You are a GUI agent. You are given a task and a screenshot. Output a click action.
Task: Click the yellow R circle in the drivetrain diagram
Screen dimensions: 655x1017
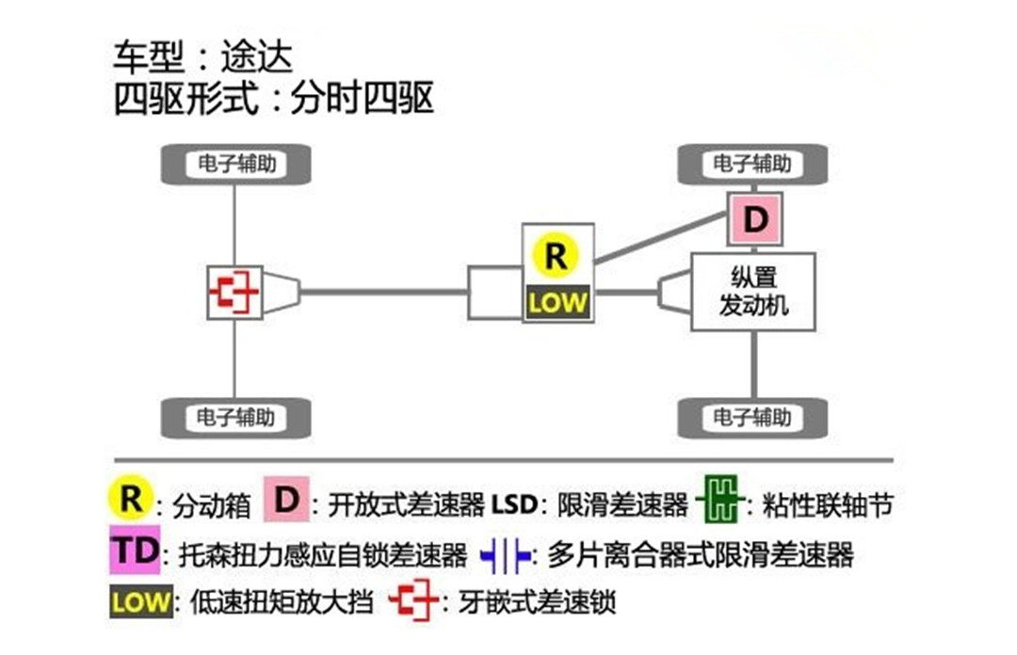click(x=557, y=256)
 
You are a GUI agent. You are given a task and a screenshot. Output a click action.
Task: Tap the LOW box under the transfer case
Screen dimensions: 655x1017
click(x=557, y=303)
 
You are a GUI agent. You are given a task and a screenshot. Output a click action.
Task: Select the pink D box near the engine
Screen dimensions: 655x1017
click(x=754, y=220)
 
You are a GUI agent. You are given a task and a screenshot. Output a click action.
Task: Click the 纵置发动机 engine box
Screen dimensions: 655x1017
click(x=752, y=292)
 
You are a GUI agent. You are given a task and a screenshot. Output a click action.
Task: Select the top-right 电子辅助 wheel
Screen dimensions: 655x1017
click(x=752, y=164)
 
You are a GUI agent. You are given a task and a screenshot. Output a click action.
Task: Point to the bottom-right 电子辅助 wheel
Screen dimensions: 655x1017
click(x=752, y=416)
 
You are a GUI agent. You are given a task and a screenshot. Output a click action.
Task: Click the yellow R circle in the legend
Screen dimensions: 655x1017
click(x=131, y=500)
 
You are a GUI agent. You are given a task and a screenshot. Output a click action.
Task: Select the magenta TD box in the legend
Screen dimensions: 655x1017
click(x=137, y=551)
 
